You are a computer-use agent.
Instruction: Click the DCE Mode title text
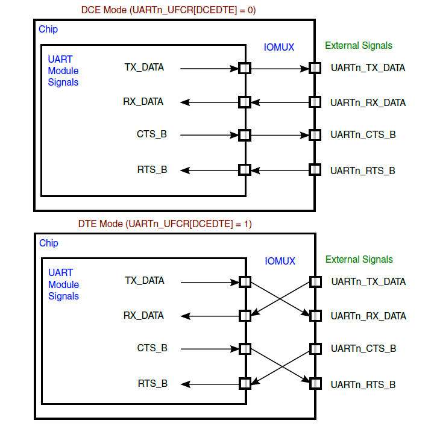point(164,10)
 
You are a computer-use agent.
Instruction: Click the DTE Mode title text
point(165,224)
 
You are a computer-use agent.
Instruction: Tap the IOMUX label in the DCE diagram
point(280,46)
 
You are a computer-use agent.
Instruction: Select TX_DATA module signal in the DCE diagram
point(144,67)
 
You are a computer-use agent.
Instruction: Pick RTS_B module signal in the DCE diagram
point(152,169)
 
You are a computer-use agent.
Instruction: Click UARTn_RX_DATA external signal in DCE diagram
point(368,102)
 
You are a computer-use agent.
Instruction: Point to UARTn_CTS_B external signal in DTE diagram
point(363,349)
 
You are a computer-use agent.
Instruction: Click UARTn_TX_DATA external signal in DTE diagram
point(368,281)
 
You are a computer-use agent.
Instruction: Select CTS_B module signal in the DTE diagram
point(152,348)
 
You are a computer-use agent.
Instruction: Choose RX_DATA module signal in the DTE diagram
point(143,315)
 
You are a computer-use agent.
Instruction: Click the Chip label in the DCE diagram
point(48,29)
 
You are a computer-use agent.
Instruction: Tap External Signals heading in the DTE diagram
point(359,260)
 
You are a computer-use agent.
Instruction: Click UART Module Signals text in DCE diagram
point(63,70)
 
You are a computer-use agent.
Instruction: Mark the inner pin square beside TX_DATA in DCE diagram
point(244,68)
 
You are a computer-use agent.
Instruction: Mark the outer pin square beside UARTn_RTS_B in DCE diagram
point(314,170)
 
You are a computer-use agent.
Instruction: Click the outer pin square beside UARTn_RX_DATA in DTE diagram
point(315,315)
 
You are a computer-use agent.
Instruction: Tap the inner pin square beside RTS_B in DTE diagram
point(245,383)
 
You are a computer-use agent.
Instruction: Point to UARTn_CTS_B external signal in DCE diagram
point(363,134)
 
